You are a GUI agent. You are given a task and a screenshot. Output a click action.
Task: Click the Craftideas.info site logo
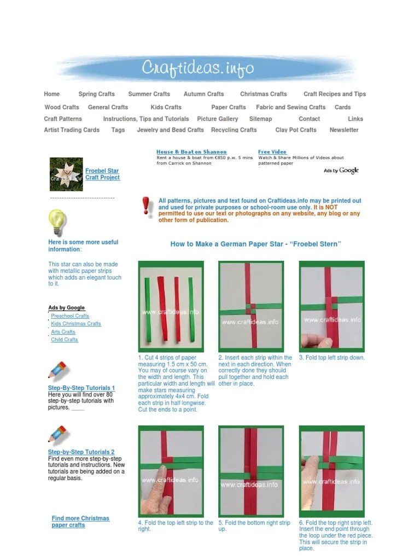point(198,68)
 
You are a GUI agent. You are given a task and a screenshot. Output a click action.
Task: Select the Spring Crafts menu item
point(96,94)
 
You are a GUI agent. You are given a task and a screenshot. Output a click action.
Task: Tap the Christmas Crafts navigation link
point(263,94)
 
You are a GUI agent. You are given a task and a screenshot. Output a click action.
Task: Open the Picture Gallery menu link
point(218,119)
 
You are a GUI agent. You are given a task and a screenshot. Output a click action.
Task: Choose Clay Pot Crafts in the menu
point(296,130)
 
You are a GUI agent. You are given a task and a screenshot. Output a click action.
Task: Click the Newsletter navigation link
point(344,130)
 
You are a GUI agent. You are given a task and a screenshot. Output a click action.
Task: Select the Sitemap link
point(260,119)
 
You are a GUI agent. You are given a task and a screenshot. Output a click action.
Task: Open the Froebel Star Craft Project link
point(102,174)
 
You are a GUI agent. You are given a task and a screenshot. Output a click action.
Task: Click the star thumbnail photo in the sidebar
point(66,174)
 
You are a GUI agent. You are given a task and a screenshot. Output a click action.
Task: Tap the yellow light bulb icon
point(57,222)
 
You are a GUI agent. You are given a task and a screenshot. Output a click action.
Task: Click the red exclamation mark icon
point(146,207)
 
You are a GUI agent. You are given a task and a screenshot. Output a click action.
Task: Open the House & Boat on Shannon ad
point(191,151)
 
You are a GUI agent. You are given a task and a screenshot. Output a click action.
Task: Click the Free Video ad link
point(272,151)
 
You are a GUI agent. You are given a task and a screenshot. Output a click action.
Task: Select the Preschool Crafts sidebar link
point(70,316)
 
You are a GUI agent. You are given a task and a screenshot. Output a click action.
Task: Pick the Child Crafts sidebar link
point(65,340)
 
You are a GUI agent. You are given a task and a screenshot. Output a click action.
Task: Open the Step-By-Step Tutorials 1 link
point(81,388)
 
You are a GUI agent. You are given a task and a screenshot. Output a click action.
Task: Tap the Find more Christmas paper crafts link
point(80,522)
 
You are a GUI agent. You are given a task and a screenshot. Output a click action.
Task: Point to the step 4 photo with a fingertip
point(171,471)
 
